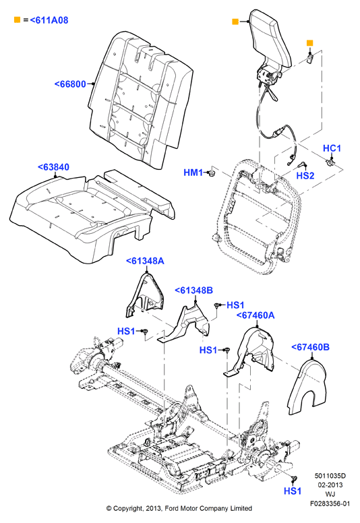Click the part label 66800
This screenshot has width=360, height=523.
pyautogui.click(x=70, y=84)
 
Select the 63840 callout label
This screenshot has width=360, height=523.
pyautogui.click(x=53, y=166)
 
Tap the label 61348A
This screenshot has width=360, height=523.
pyautogui.click(x=145, y=261)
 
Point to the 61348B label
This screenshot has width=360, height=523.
pyautogui.click(x=193, y=290)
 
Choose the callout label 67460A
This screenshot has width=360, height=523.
pyautogui.click(x=256, y=315)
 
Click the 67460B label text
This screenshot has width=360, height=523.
pyautogui.click(x=310, y=347)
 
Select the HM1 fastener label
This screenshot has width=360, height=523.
pyautogui.click(x=193, y=173)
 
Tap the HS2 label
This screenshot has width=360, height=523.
pyautogui.click(x=305, y=175)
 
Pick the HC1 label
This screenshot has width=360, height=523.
pyautogui.click(x=332, y=148)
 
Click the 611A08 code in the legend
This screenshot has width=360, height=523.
pyautogui.click(x=49, y=20)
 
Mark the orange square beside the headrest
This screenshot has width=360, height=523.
pyautogui.click(x=235, y=22)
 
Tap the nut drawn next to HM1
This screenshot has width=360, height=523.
pyautogui.click(x=210, y=173)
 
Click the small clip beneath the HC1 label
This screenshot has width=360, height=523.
pyautogui.click(x=330, y=162)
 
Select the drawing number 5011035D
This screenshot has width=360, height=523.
pyautogui.click(x=330, y=476)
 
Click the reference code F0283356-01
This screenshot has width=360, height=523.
pyautogui.click(x=330, y=503)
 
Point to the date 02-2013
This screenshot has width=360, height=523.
pyautogui.click(x=330, y=485)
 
